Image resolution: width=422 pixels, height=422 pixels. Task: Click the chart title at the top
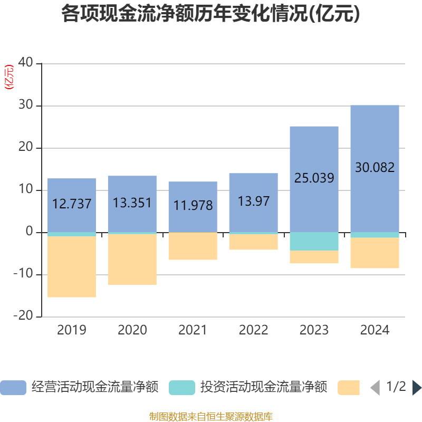[x=210, y=14]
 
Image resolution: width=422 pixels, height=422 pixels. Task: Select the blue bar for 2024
[x=375, y=168]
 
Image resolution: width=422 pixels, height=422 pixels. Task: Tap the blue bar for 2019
[x=72, y=205]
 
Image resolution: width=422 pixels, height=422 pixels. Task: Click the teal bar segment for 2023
[x=314, y=242]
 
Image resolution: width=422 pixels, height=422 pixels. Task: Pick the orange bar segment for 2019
[x=72, y=267]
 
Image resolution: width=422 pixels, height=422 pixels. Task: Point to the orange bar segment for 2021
[x=193, y=246]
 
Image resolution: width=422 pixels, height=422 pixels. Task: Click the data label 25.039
[x=314, y=178]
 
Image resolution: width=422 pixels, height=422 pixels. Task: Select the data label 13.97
[x=254, y=201]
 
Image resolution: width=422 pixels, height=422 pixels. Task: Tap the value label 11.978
[x=193, y=205]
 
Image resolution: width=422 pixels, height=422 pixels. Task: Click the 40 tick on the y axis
[x=25, y=62]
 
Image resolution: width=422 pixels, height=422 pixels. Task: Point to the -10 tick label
[x=23, y=273]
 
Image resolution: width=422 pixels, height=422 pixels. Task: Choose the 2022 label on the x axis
[x=254, y=330]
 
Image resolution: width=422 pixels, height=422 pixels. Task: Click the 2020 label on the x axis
[x=132, y=330]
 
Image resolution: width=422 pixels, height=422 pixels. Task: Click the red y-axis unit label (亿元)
[x=9, y=77]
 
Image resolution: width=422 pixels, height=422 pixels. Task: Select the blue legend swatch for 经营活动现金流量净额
[x=13, y=388]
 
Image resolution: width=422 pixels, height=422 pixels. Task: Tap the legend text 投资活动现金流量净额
[x=263, y=387]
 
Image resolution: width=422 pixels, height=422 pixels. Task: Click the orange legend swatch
[x=349, y=388]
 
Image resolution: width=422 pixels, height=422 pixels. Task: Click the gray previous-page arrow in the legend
[x=375, y=388]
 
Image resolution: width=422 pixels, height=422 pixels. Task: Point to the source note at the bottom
[x=210, y=417]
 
